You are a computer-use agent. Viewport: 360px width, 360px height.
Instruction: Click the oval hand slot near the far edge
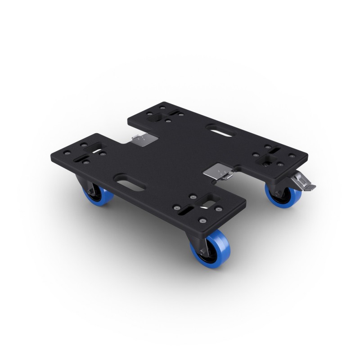click(221, 130)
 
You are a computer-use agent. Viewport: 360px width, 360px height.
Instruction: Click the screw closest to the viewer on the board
click(203, 221)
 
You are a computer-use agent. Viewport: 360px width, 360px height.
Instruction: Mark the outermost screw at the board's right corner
click(292, 156)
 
